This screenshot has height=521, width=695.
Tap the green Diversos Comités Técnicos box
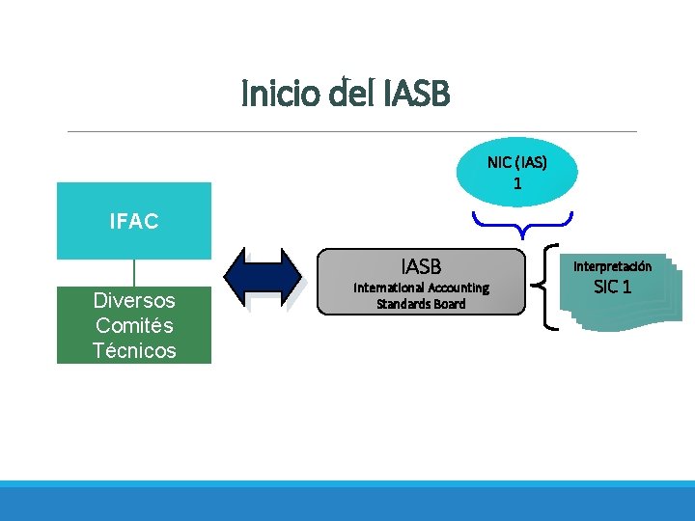pos(133,325)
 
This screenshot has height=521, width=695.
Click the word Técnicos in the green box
pos(134,350)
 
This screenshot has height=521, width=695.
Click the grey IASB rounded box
pos(422,283)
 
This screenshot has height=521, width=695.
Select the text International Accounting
pos(421,288)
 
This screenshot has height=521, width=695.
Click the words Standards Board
pos(421,304)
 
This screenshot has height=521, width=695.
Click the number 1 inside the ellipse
pos(517,182)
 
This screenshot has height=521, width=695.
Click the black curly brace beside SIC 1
pos(553,288)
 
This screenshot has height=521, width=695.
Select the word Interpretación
pos(612,266)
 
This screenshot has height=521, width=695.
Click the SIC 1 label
pos(613,287)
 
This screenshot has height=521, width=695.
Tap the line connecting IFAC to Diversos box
pos(133,273)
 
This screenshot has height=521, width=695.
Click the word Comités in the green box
pos(134,325)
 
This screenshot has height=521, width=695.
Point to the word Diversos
pos(134,301)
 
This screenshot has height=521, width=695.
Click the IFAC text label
pos(133,222)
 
